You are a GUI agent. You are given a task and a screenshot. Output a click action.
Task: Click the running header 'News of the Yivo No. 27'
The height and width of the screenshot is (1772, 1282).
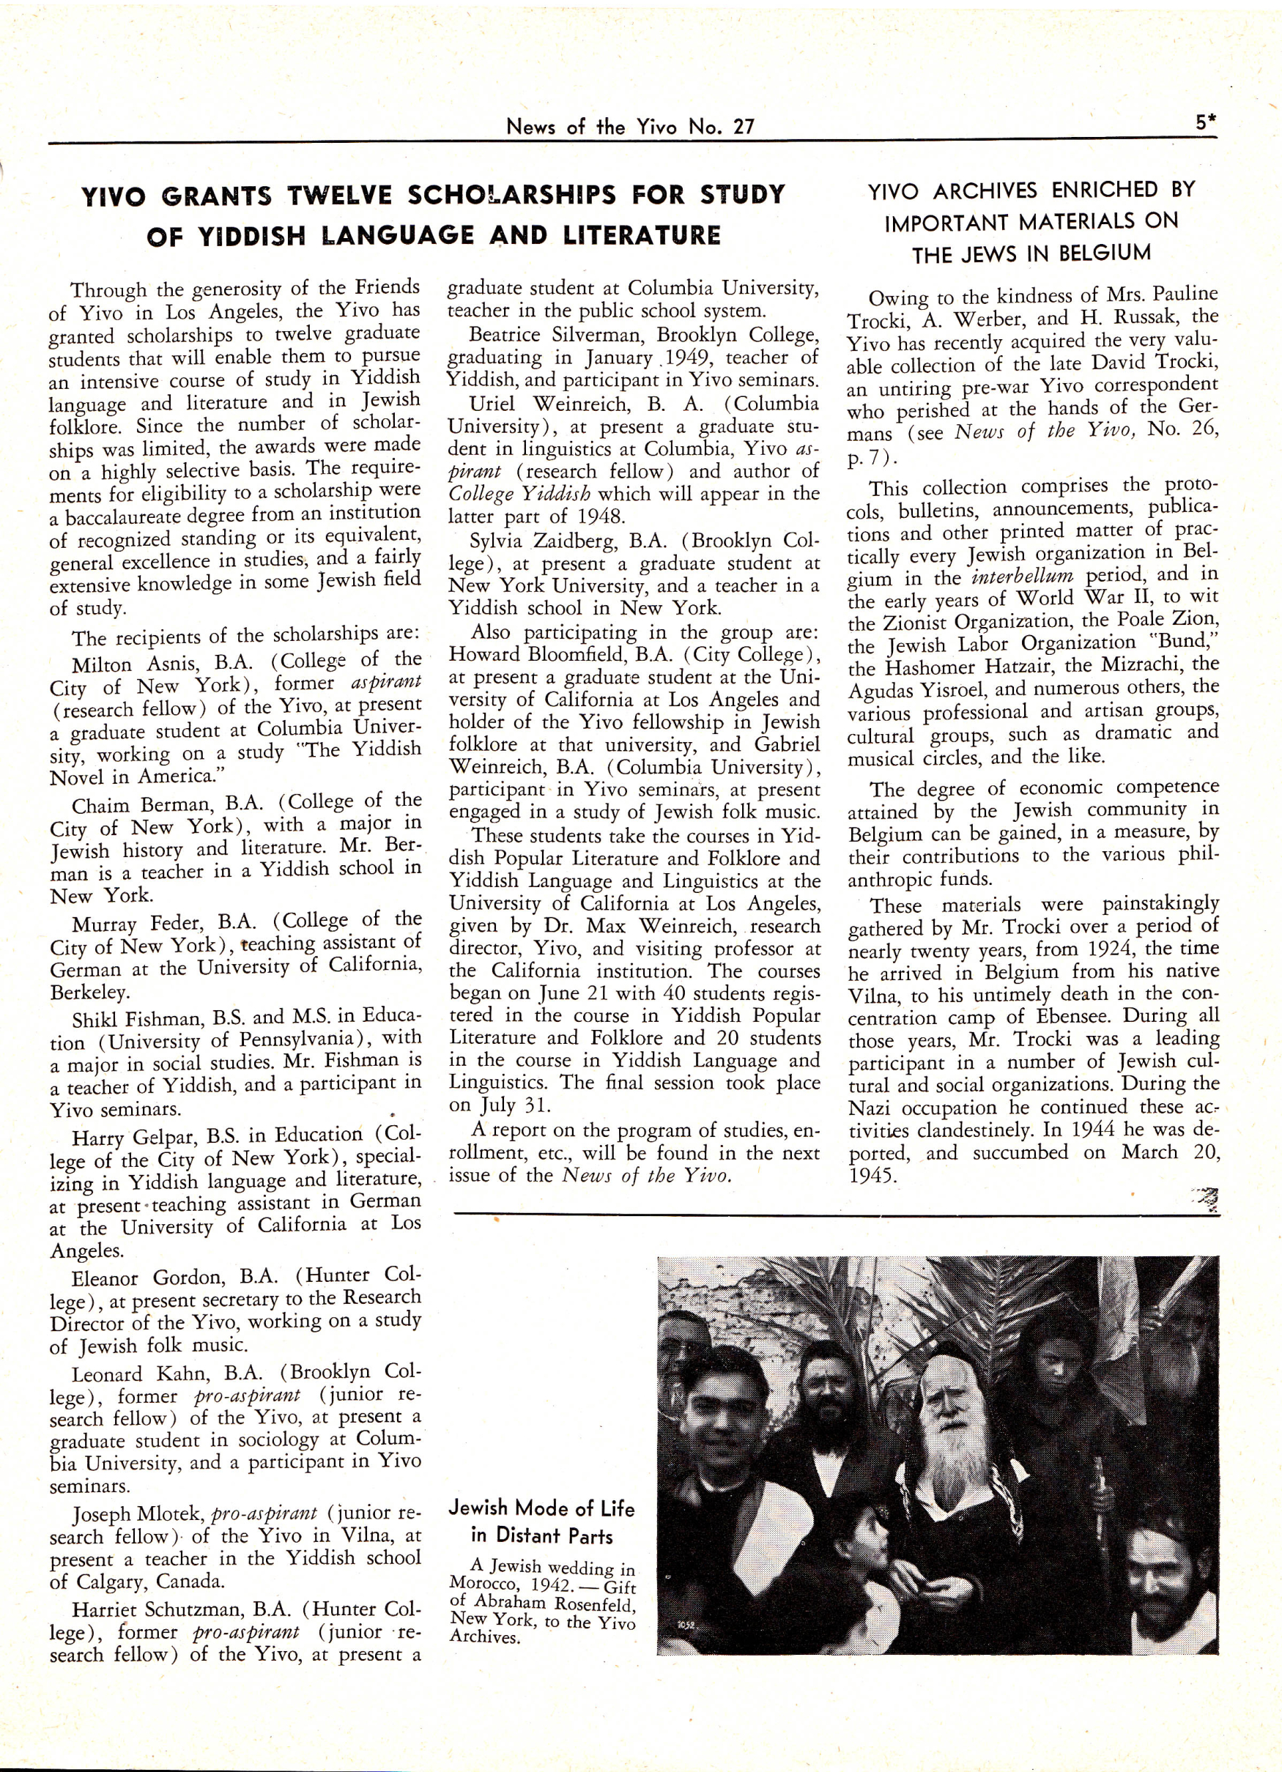pyautogui.click(x=630, y=127)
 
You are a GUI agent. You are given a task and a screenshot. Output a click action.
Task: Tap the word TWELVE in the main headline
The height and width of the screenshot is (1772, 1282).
pyautogui.click(x=338, y=196)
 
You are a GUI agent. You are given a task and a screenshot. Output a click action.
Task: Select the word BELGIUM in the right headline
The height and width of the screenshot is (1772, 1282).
pyautogui.click(x=1105, y=253)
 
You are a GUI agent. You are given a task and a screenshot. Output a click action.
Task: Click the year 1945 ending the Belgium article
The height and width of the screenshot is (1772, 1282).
pyautogui.click(x=870, y=1176)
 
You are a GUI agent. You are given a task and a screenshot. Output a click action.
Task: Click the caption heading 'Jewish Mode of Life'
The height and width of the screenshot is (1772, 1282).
pyautogui.click(x=541, y=1509)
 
